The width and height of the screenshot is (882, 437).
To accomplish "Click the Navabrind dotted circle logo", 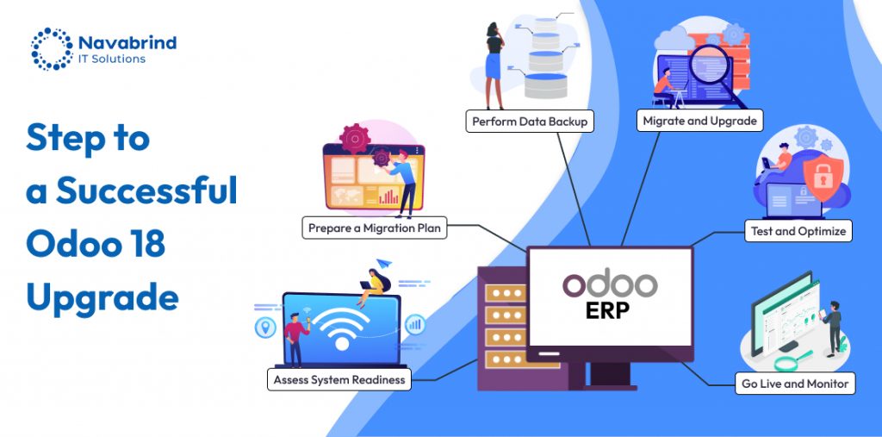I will click(x=52, y=48).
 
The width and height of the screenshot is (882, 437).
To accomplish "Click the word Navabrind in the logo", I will click(x=127, y=41).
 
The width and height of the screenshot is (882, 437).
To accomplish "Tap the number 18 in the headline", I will click(x=145, y=245).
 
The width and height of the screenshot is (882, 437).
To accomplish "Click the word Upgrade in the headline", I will click(x=102, y=298).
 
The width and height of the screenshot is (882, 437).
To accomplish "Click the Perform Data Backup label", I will click(x=530, y=122).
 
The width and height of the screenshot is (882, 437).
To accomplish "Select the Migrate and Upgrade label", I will click(x=699, y=121).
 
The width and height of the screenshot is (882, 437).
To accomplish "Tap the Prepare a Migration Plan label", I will click(x=376, y=228).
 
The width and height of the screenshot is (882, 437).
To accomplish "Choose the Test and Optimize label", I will click(x=798, y=231).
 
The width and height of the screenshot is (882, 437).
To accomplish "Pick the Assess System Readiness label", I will click(x=339, y=379).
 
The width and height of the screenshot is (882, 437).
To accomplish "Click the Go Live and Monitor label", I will click(x=795, y=384).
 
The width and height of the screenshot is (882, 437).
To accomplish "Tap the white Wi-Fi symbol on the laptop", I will click(x=341, y=330).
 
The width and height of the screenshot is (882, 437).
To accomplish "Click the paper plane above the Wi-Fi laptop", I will click(x=383, y=262).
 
